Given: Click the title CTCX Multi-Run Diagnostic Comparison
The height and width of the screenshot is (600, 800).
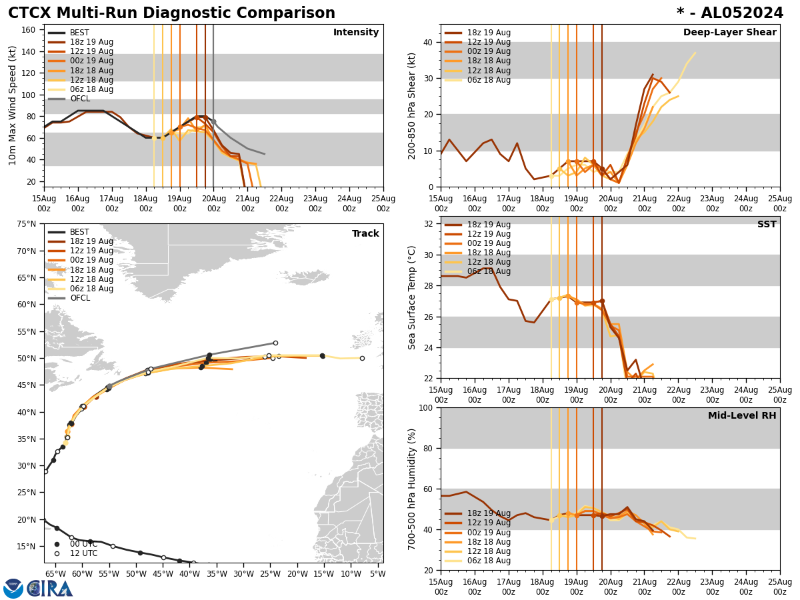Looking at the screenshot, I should pos(171,13).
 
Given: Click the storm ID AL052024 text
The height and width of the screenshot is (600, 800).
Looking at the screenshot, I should pos(739,13).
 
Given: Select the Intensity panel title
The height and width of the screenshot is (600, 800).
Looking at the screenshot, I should pos(356,33).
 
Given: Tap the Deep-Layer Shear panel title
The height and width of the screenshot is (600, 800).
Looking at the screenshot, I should pos(729,33).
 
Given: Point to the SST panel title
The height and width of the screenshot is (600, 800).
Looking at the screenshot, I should pos(767,225).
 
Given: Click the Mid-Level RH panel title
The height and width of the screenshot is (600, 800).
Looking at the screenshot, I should pos(742,416).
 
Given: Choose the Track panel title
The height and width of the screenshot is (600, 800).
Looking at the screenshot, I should pos(365,234).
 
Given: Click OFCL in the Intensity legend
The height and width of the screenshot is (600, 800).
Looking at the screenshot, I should pos(80,99).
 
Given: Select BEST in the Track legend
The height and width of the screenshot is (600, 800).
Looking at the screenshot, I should pos(79,232).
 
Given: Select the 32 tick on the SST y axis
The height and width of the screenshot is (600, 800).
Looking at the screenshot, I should pos(428,224).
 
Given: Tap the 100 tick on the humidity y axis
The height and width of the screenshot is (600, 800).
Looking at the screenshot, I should pos(425,408).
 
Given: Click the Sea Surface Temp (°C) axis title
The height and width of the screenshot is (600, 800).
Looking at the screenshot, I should pos(413,297).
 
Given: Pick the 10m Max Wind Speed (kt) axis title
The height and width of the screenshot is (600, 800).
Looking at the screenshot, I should pos(13,105).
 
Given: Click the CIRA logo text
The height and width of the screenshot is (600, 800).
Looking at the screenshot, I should pos(51,589).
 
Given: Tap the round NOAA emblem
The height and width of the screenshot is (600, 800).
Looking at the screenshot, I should pos(13,589).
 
